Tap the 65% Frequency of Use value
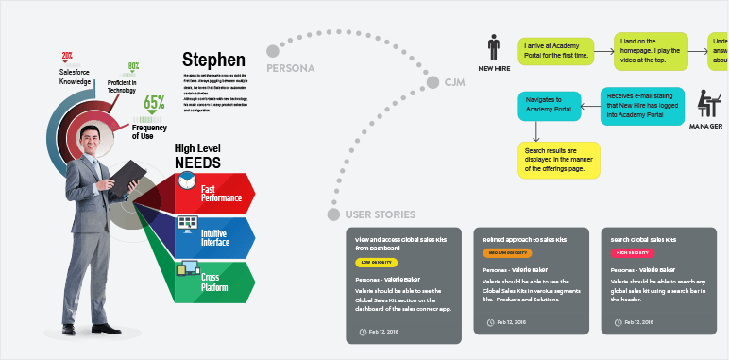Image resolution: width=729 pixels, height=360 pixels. [x=154, y=105]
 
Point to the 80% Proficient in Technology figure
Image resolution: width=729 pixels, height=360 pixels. [x=134, y=67]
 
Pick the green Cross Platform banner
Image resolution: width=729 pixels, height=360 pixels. [x=217, y=281]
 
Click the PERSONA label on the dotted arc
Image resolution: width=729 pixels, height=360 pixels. [x=291, y=69]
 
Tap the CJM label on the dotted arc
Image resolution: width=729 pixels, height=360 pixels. [x=456, y=83]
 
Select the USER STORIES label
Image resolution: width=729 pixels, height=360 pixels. [x=381, y=214]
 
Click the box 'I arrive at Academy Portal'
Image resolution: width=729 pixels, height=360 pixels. [x=555, y=50]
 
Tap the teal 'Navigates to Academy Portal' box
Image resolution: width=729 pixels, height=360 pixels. [x=549, y=105]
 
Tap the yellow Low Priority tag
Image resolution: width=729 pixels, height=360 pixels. [x=377, y=262]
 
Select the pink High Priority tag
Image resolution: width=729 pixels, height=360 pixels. [x=635, y=253]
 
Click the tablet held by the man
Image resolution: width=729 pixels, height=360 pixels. [x=127, y=173]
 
